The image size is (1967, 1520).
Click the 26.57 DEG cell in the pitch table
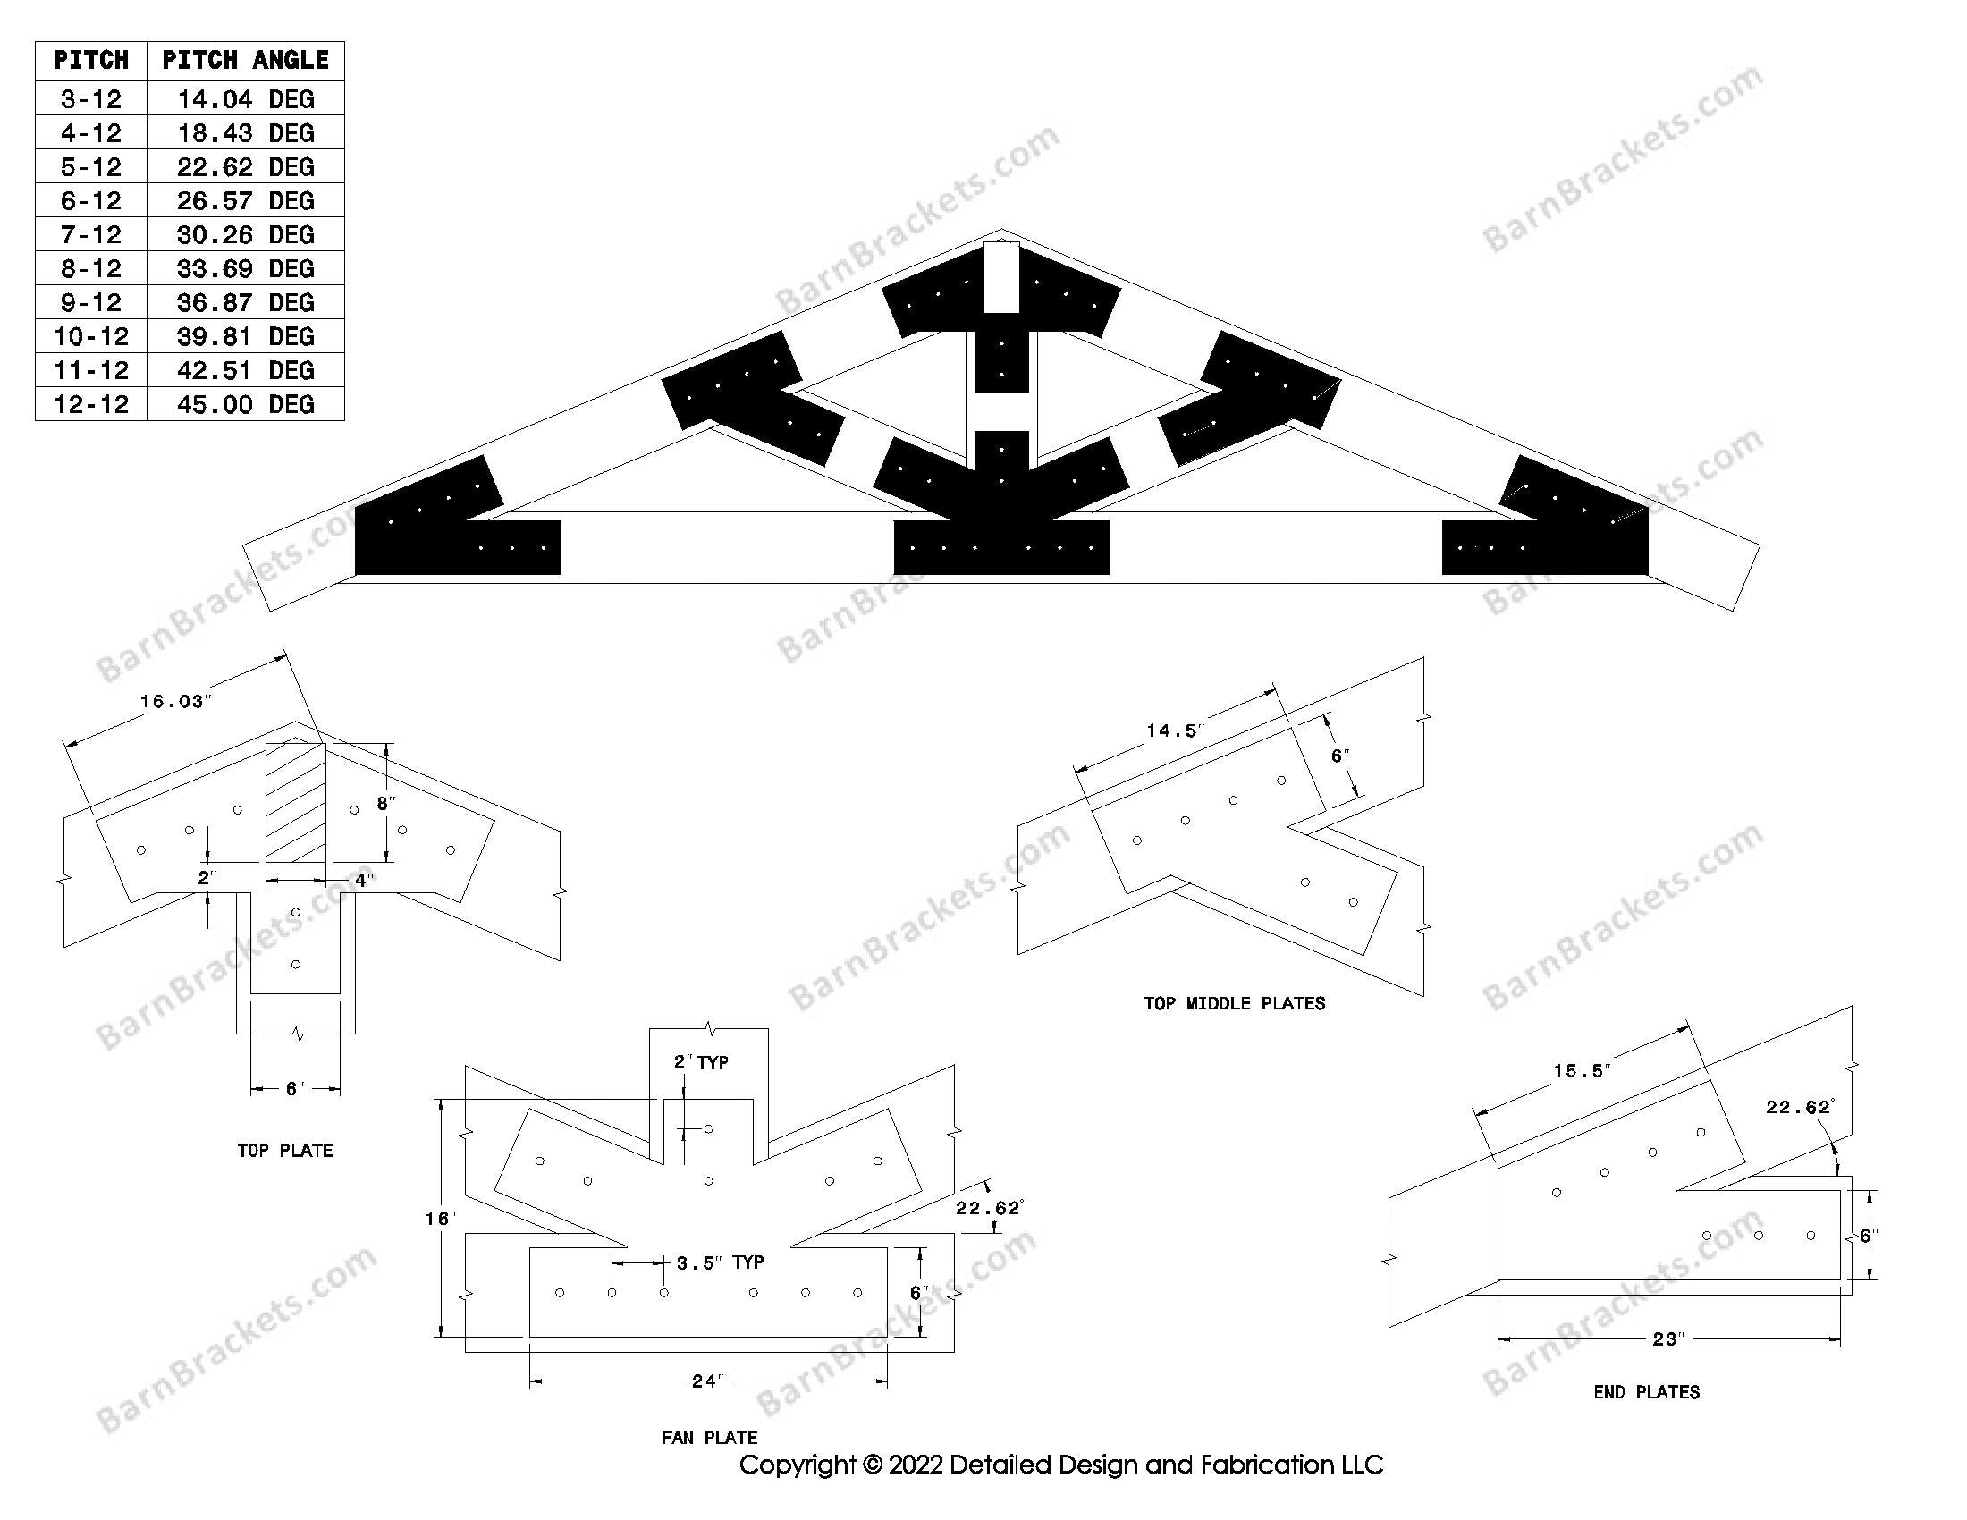[x=245, y=200]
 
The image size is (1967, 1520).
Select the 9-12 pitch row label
[x=91, y=301]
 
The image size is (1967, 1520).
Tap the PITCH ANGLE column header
[x=245, y=60]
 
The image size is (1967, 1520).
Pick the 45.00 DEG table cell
[x=245, y=403]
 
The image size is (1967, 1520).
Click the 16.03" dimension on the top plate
[x=174, y=702]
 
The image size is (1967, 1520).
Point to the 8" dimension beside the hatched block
[x=385, y=802]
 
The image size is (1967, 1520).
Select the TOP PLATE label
[x=284, y=1150]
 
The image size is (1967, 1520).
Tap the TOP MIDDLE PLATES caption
[x=1234, y=1003]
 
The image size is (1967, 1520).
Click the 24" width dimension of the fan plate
[x=708, y=1381]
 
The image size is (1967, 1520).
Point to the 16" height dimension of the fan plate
[x=441, y=1219]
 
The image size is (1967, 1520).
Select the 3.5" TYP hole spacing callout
[x=720, y=1262]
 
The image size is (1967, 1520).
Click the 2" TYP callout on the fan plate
[x=702, y=1062]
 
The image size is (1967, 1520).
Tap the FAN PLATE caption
[x=709, y=1437]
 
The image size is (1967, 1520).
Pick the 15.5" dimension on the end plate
[x=1582, y=1070]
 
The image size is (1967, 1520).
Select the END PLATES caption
[x=1646, y=1392]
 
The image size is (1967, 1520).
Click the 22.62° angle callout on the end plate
[x=1799, y=1107]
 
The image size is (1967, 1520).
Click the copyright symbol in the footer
[x=871, y=1465]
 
